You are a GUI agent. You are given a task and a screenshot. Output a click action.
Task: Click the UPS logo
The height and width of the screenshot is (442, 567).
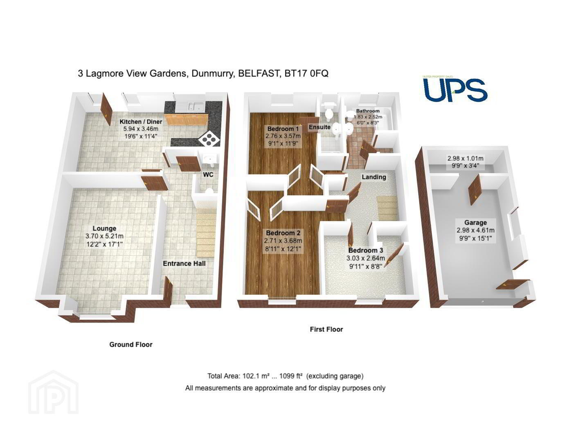(455, 89)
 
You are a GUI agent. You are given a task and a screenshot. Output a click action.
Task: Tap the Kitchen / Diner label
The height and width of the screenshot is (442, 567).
(141, 121)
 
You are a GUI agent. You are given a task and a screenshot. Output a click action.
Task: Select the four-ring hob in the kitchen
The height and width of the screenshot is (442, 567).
(209, 140)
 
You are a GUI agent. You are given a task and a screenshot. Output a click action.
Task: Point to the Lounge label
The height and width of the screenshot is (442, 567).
(104, 228)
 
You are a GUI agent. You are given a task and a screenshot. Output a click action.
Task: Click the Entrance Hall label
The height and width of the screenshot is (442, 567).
(184, 264)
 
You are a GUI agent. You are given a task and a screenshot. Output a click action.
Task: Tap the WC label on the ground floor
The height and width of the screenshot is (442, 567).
(208, 174)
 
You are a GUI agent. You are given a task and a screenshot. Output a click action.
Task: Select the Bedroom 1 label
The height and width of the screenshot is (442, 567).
(283, 129)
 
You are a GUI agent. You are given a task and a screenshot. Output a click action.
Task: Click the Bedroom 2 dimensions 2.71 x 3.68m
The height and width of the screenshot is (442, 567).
(283, 241)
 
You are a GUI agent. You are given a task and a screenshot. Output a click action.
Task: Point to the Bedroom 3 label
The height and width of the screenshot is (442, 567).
(366, 250)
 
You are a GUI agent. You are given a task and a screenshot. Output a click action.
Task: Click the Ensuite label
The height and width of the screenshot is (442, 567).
(319, 127)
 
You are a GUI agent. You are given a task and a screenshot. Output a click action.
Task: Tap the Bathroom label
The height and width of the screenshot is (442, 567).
(368, 111)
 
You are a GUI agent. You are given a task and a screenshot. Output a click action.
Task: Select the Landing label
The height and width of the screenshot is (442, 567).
(373, 177)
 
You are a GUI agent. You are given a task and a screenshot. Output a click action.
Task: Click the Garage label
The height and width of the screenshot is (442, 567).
(475, 223)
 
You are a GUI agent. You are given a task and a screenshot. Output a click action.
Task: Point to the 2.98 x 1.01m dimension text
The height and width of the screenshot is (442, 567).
(466, 158)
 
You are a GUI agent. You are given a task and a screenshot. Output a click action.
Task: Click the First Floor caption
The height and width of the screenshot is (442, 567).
(326, 329)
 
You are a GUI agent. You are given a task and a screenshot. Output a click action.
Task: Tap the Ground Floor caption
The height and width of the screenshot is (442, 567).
(131, 345)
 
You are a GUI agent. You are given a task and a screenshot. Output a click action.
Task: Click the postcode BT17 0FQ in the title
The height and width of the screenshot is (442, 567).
(306, 74)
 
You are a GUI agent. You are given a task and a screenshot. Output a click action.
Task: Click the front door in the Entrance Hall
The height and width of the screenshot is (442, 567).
(168, 291)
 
